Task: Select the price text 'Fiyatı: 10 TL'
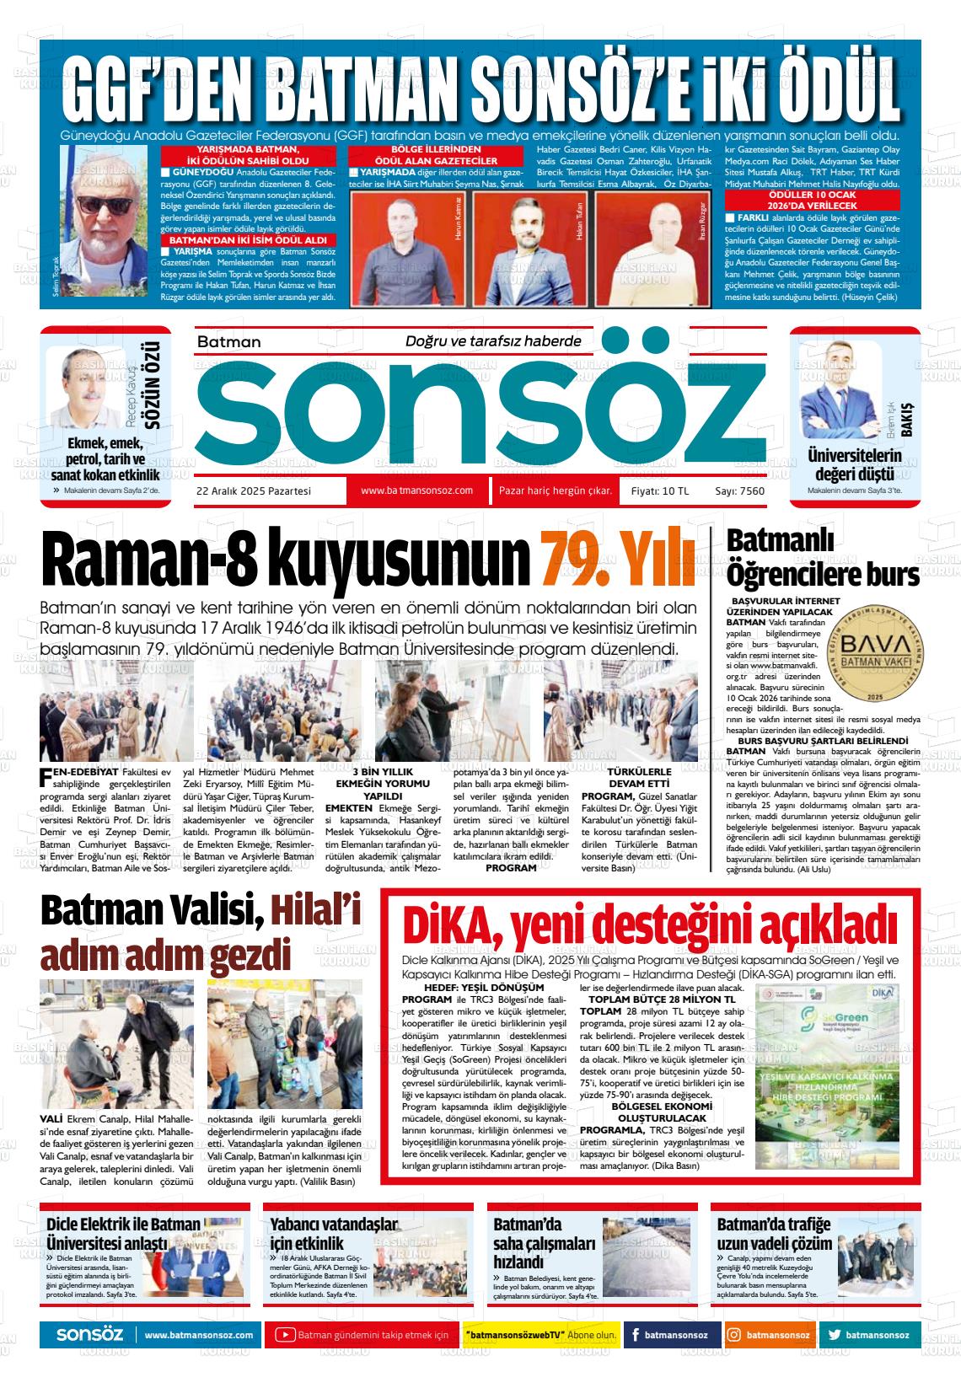(x=660, y=491)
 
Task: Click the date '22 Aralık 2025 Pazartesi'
(x=254, y=491)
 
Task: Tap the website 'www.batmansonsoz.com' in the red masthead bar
(x=416, y=490)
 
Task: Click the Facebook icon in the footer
(x=635, y=1335)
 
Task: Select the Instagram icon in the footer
(x=734, y=1335)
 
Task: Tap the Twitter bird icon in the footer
(x=834, y=1335)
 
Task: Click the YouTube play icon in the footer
(x=285, y=1335)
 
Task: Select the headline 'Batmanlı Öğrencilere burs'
(x=822, y=557)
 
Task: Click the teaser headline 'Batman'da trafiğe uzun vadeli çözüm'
(x=774, y=1235)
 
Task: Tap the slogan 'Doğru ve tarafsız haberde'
(x=494, y=341)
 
